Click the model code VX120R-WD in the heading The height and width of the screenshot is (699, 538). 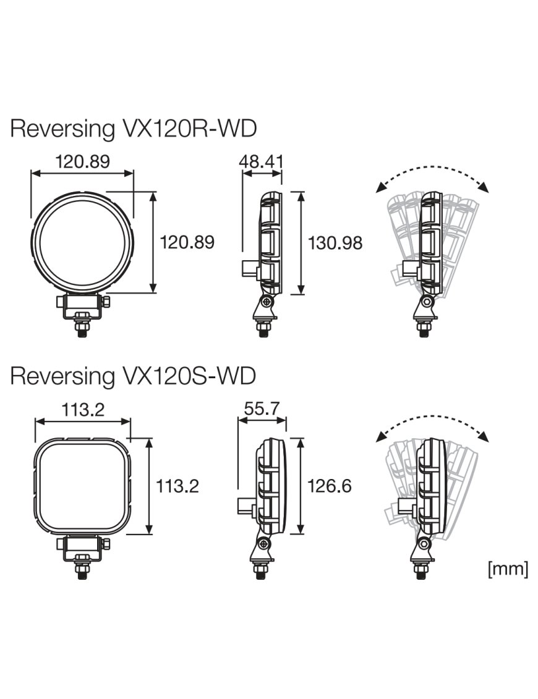click(186, 129)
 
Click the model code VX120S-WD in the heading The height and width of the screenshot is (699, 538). click(186, 376)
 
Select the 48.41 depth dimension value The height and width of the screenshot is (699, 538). click(262, 162)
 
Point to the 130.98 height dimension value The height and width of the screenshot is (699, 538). click(335, 243)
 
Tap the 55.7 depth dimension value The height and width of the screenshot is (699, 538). click(262, 409)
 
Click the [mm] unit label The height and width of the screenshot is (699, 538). click(508, 569)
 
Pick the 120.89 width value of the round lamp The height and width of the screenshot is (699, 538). click(82, 162)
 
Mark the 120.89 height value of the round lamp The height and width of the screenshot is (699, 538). click(187, 243)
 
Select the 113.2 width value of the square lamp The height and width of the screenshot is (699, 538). click(82, 409)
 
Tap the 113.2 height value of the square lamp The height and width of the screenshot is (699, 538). click(177, 486)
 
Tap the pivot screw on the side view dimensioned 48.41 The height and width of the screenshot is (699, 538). click(267, 302)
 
